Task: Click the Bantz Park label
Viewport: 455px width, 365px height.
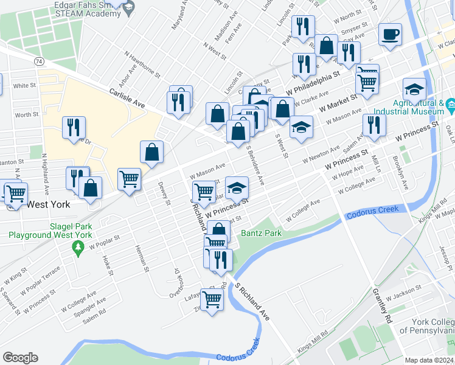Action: [260, 233]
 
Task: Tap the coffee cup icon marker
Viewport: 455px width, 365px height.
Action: [390, 35]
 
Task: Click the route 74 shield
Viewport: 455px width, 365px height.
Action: [39, 61]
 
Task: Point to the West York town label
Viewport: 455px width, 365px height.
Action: [46, 204]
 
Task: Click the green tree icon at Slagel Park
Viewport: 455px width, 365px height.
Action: [77, 248]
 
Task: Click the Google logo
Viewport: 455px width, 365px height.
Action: [20, 358]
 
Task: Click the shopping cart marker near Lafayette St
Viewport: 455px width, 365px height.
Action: [212, 299]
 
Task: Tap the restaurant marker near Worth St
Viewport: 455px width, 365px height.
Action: [74, 128]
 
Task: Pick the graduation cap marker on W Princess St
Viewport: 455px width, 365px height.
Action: [237, 187]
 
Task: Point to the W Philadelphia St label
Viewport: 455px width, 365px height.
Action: [313, 81]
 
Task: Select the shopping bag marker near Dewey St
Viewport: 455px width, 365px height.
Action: [151, 153]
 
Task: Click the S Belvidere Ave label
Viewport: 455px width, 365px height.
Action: [255, 166]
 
